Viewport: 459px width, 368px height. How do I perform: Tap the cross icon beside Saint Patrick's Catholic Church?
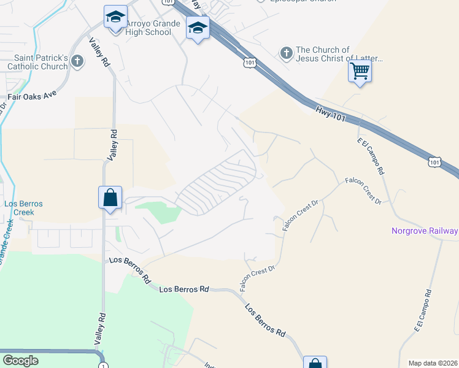click(x=77, y=61)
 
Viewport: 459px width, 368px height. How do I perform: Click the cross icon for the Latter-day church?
click(x=286, y=53)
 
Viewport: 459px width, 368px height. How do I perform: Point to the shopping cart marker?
click(x=360, y=71)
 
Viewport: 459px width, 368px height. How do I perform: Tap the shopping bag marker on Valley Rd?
click(x=110, y=197)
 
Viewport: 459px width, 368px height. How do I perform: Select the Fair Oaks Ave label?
click(x=32, y=96)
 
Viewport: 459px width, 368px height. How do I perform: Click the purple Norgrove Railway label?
click(x=425, y=231)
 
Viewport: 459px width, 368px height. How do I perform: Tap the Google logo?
click(x=20, y=361)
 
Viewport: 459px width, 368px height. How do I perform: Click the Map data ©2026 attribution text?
click(x=433, y=363)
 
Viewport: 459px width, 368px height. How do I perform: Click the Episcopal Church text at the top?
click(x=303, y=1)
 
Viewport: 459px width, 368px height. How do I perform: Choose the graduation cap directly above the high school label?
click(x=115, y=17)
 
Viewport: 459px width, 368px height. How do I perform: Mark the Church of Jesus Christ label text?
click(x=339, y=55)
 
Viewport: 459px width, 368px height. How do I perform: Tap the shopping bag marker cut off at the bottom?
click(x=315, y=363)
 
